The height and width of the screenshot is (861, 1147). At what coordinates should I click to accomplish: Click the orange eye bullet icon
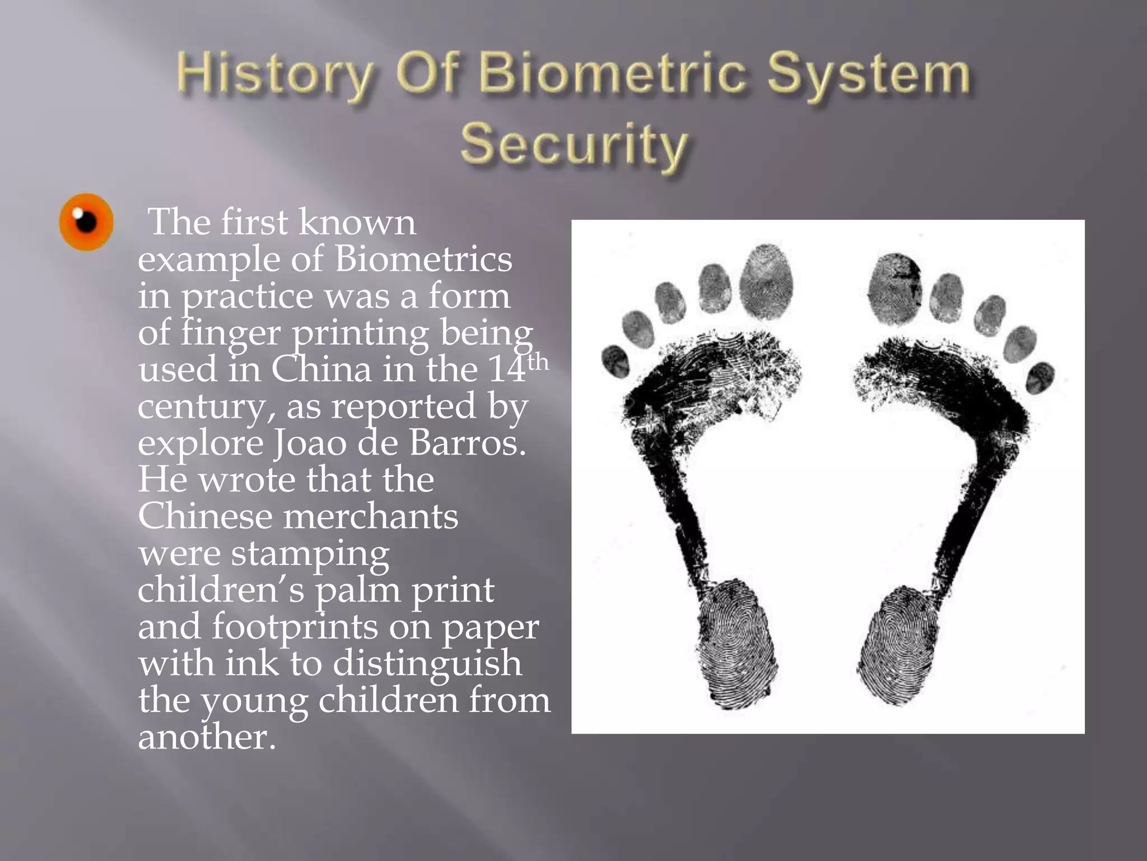click(x=86, y=222)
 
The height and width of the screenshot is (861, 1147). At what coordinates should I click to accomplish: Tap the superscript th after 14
click(x=538, y=362)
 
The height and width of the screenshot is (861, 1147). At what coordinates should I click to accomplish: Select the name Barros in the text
click(x=468, y=443)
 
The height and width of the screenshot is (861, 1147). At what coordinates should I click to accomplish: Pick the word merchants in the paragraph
click(x=371, y=516)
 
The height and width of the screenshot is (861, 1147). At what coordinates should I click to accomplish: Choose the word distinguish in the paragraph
click(x=427, y=664)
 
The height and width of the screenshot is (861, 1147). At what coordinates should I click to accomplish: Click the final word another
click(x=207, y=737)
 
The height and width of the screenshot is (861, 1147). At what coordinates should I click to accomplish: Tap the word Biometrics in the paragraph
click(x=423, y=260)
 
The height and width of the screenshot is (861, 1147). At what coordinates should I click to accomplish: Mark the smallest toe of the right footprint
click(x=1040, y=377)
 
